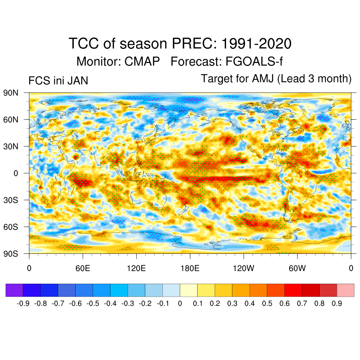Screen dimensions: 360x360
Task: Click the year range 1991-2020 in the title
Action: (x=256, y=44)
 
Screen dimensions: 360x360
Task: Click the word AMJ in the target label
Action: (x=263, y=79)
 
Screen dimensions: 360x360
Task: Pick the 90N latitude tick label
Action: (x=11, y=93)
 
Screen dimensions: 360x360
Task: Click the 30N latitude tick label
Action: (x=11, y=146)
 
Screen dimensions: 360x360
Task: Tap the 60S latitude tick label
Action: (x=11, y=227)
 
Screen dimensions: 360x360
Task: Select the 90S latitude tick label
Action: (x=11, y=253)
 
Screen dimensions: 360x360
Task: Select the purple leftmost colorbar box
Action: (x=14, y=290)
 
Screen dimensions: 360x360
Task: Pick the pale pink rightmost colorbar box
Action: (x=346, y=290)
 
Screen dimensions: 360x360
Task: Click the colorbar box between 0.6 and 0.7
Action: (x=293, y=290)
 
